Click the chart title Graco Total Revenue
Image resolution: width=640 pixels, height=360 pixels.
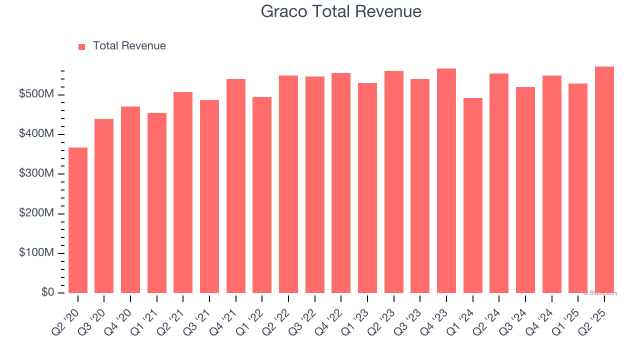click(341, 11)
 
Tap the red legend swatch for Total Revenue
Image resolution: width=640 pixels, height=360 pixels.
click(82, 46)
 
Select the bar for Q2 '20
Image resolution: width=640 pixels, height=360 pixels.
click(78, 220)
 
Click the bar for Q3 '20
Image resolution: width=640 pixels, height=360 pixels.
click(104, 206)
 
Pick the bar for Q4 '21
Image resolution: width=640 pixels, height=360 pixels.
click(236, 186)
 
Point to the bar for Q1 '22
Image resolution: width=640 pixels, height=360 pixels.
click(262, 195)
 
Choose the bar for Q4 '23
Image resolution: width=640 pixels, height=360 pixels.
click(446, 180)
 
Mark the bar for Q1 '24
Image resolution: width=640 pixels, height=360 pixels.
click(473, 195)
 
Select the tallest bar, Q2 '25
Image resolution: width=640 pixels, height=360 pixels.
click(604, 179)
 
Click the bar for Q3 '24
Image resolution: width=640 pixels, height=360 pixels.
click(525, 190)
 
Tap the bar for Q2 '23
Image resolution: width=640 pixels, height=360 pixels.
click(394, 182)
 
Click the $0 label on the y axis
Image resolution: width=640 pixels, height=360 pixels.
click(47, 292)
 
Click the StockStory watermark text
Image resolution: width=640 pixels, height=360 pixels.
click(600, 293)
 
